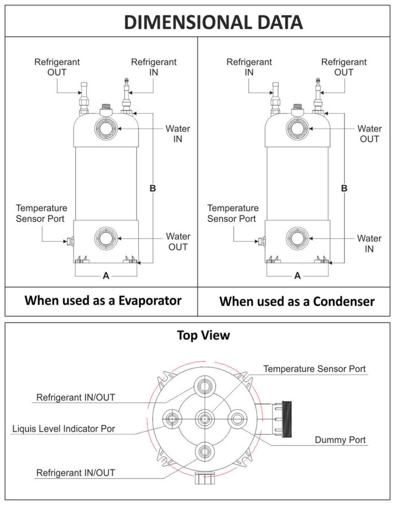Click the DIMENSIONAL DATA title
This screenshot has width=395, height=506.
(x=213, y=22)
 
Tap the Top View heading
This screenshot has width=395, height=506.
(x=203, y=335)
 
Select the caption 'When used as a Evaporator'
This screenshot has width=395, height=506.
(x=103, y=300)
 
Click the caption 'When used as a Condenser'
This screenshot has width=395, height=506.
(x=297, y=301)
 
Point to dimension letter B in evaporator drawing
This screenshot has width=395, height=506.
(x=152, y=188)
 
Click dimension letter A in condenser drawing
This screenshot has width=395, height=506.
(x=297, y=275)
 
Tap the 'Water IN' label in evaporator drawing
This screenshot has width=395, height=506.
(x=178, y=134)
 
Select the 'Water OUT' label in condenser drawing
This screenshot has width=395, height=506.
(x=370, y=134)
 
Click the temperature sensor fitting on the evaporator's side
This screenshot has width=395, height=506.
(x=71, y=241)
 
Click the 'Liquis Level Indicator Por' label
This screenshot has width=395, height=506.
(x=63, y=429)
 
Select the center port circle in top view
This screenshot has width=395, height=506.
(x=204, y=419)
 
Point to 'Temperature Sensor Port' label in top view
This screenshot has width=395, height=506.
(x=315, y=369)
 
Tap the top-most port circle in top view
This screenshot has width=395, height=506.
(x=204, y=386)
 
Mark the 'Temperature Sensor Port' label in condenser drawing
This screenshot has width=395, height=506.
(x=233, y=213)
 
